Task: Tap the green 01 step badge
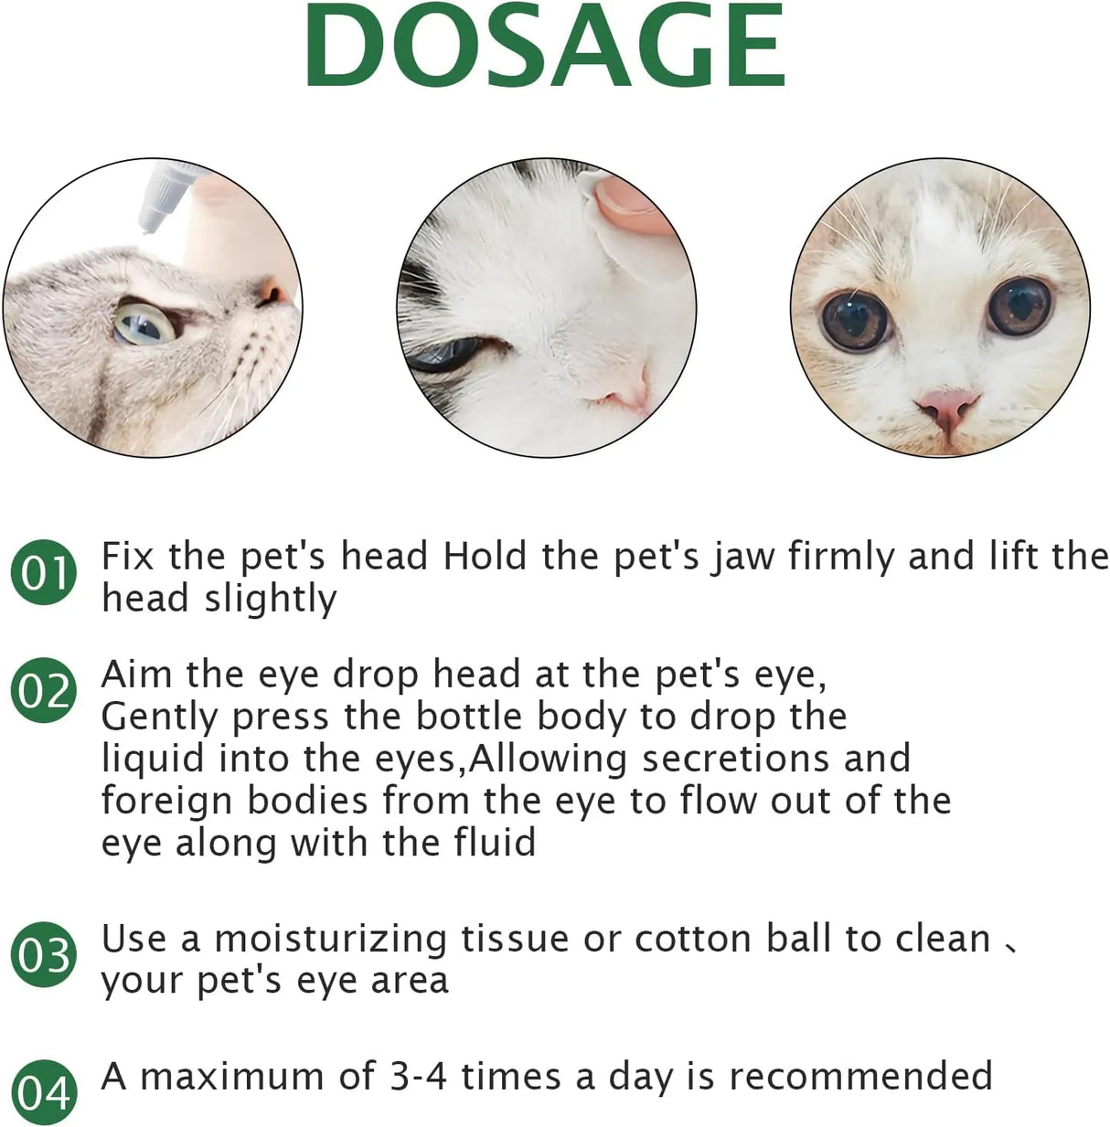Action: (x=43, y=572)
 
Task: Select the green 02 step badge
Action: (x=43, y=690)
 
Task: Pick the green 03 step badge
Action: (x=43, y=955)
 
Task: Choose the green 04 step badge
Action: (x=43, y=1092)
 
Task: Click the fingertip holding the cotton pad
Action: (x=631, y=203)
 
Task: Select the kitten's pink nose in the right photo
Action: (x=947, y=407)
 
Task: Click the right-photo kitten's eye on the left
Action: (x=856, y=319)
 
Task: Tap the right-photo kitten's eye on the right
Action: (x=1019, y=306)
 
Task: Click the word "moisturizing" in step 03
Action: (x=331, y=939)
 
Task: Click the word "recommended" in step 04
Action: (x=860, y=1076)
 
